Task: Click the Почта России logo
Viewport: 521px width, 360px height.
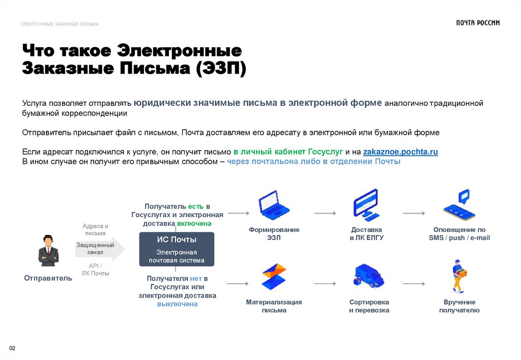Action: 477,23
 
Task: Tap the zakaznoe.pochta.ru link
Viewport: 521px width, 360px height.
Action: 400,152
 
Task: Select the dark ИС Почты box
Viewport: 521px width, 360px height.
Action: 177,249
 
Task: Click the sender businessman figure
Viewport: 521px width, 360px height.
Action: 48,251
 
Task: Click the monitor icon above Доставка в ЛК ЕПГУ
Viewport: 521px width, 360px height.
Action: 366,205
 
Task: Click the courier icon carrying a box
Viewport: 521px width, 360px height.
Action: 459,276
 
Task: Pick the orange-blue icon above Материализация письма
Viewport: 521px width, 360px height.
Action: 274,277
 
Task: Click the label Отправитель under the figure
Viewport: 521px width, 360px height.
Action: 48,278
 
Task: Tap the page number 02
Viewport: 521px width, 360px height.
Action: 13,348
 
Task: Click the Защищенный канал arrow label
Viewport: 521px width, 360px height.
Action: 95,249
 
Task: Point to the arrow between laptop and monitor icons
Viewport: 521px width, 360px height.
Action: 325,213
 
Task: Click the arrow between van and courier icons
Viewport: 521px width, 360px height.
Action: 414,283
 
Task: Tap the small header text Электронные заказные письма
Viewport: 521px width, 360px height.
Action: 60,24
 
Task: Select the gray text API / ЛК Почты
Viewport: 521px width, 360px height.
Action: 95,269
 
